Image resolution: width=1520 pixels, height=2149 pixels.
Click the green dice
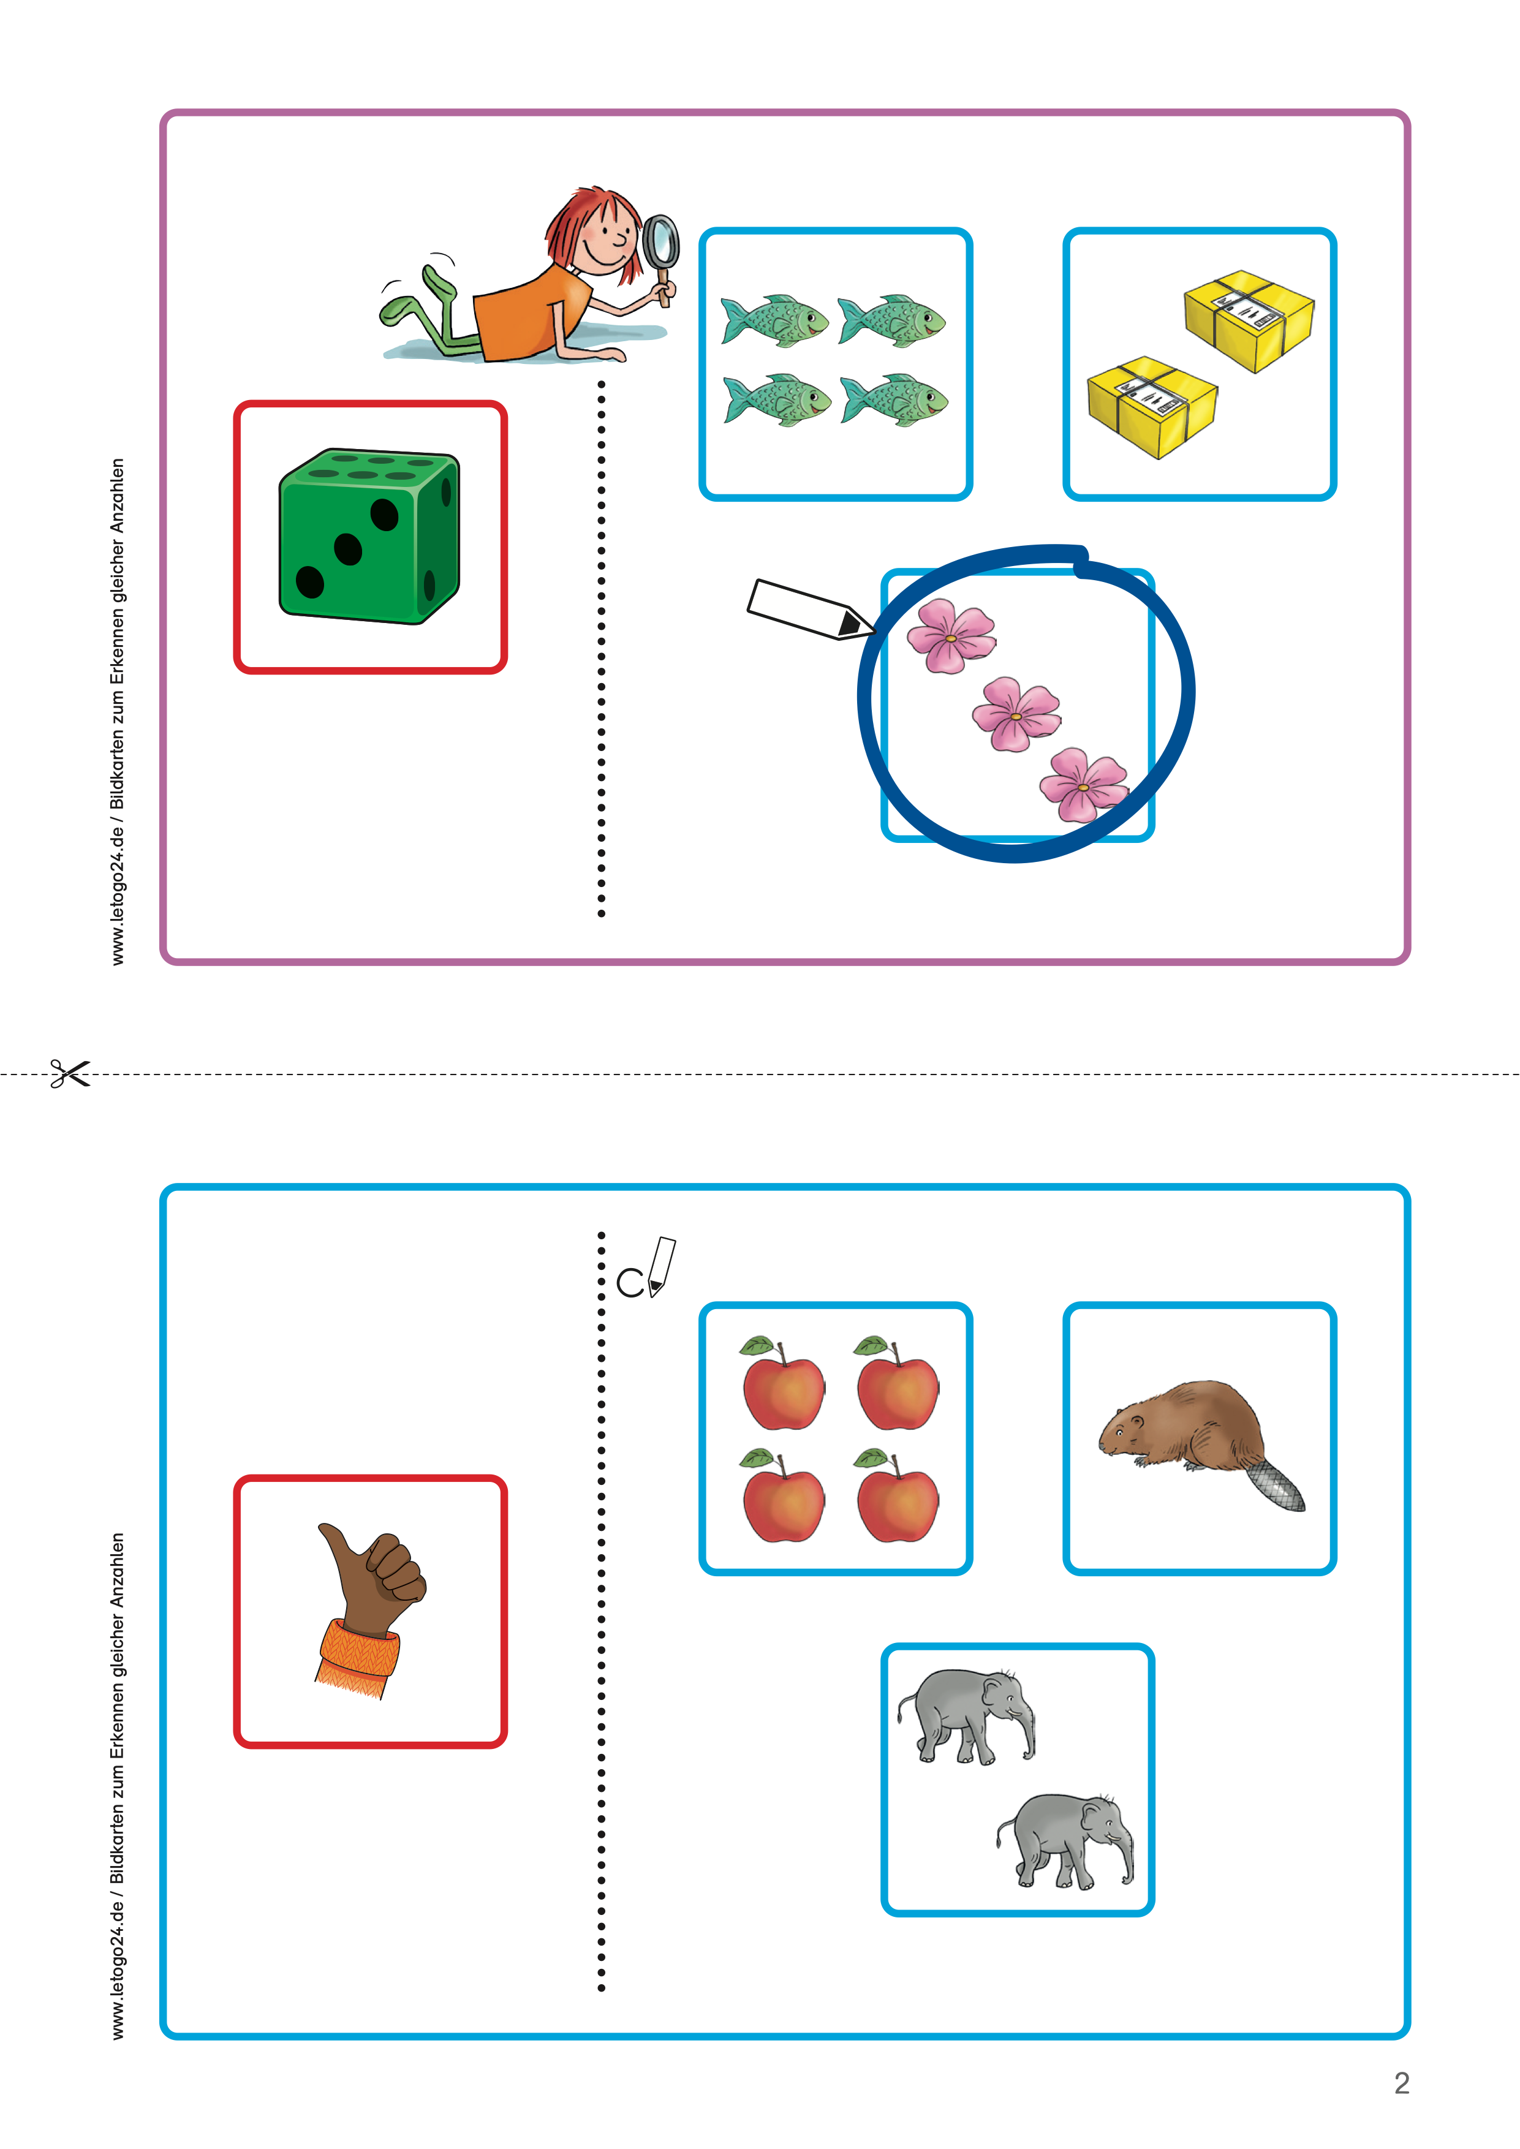(369, 536)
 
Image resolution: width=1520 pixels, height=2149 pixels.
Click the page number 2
(1401, 2083)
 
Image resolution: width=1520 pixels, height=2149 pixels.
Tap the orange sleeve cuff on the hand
(358, 1658)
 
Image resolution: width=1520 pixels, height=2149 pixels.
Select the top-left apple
(782, 1383)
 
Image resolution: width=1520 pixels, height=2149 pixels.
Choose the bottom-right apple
(897, 1496)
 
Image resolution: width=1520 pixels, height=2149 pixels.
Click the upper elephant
(967, 1717)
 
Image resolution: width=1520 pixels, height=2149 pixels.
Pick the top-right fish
(892, 321)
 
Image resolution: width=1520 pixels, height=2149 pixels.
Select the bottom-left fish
(777, 401)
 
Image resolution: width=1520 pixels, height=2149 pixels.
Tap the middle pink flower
(1016, 715)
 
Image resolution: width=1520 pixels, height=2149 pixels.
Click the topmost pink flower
(951, 636)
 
